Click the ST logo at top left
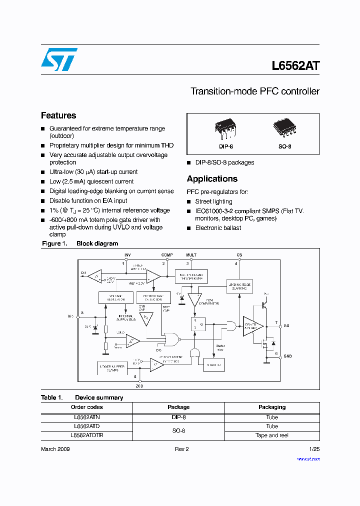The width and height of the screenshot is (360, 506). (x=58, y=59)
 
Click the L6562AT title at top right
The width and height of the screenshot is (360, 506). (x=295, y=66)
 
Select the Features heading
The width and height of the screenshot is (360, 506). (x=58, y=115)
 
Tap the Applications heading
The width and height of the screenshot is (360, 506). (x=212, y=179)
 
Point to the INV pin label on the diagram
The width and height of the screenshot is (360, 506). (x=127, y=255)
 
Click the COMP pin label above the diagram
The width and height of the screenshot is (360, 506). (x=167, y=255)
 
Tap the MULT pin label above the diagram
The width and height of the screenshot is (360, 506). (x=191, y=255)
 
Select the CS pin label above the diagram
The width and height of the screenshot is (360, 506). (x=239, y=255)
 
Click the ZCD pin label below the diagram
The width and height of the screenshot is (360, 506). (x=139, y=385)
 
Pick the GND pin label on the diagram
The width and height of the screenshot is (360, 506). (x=287, y=356)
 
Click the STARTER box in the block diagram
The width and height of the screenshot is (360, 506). (x=213, y=365)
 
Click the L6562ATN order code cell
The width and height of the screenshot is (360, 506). (x=87, y=416)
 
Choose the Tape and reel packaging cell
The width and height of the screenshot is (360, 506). (x=272, y=435)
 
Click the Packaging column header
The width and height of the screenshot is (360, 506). (x=272, y=407)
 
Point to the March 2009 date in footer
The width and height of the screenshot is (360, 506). (x=55, y=449)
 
